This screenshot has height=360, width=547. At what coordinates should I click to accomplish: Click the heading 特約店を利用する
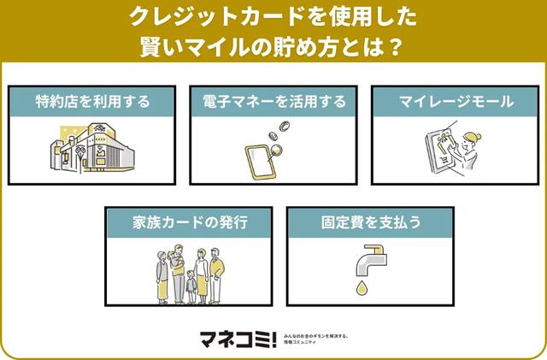(93, 103)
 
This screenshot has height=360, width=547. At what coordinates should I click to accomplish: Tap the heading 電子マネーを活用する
(273, 103)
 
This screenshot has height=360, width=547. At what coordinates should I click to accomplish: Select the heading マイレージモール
(456, 103)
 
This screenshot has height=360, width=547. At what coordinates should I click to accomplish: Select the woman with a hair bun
(471, 150)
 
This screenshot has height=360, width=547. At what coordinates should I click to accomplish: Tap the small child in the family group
(190, 287)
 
